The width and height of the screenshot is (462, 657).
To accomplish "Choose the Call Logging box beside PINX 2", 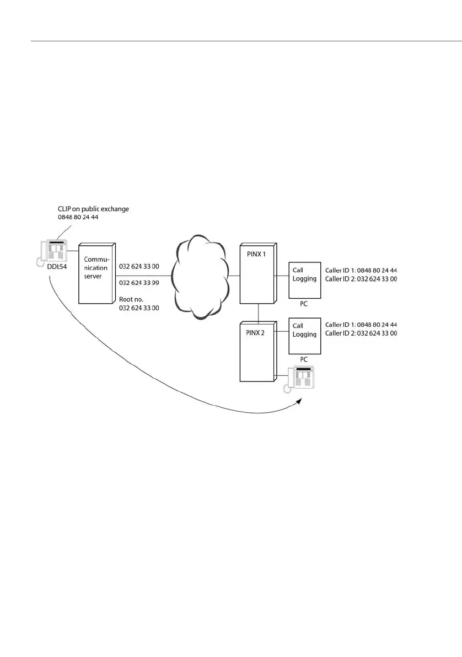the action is point(304,334).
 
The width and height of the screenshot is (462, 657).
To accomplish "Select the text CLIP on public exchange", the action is point(93,209).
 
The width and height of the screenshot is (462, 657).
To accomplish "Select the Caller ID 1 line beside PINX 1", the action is point(361,271).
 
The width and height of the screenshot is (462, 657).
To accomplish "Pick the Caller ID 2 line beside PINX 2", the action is point(361,333).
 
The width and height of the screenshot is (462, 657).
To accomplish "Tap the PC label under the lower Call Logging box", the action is point(303,359).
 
